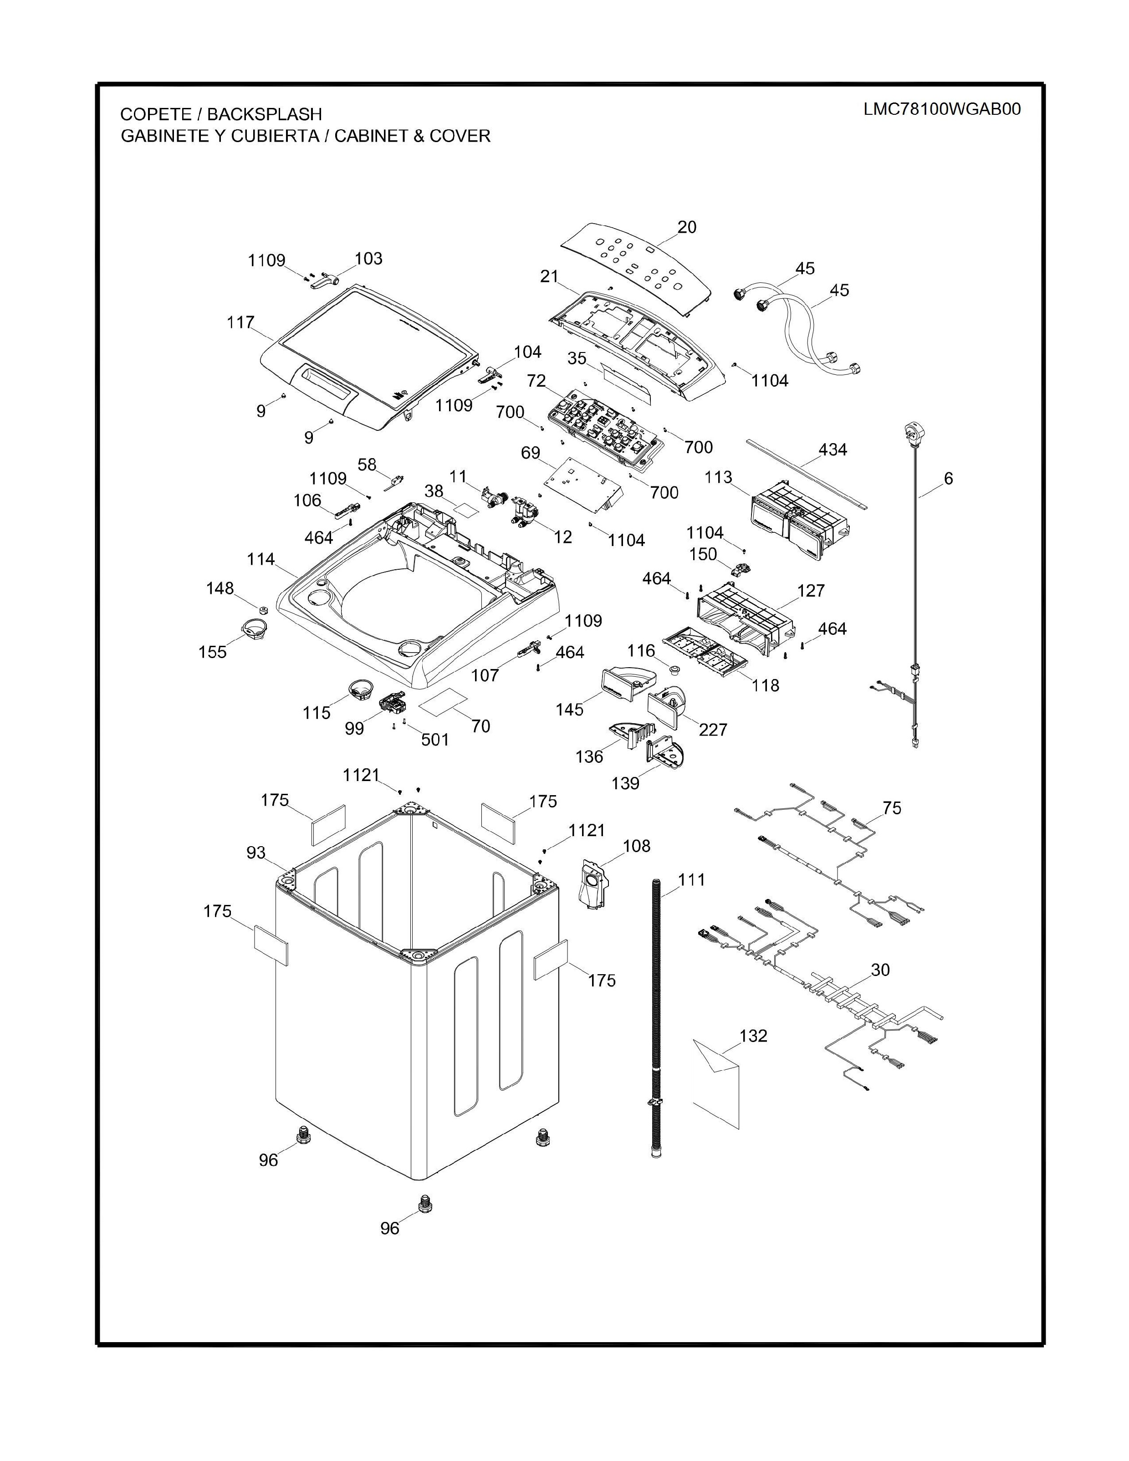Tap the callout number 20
click(686, 227)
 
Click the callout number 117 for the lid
click(240, 322)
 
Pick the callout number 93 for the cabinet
click(256, 853)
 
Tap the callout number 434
click(832, 450)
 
